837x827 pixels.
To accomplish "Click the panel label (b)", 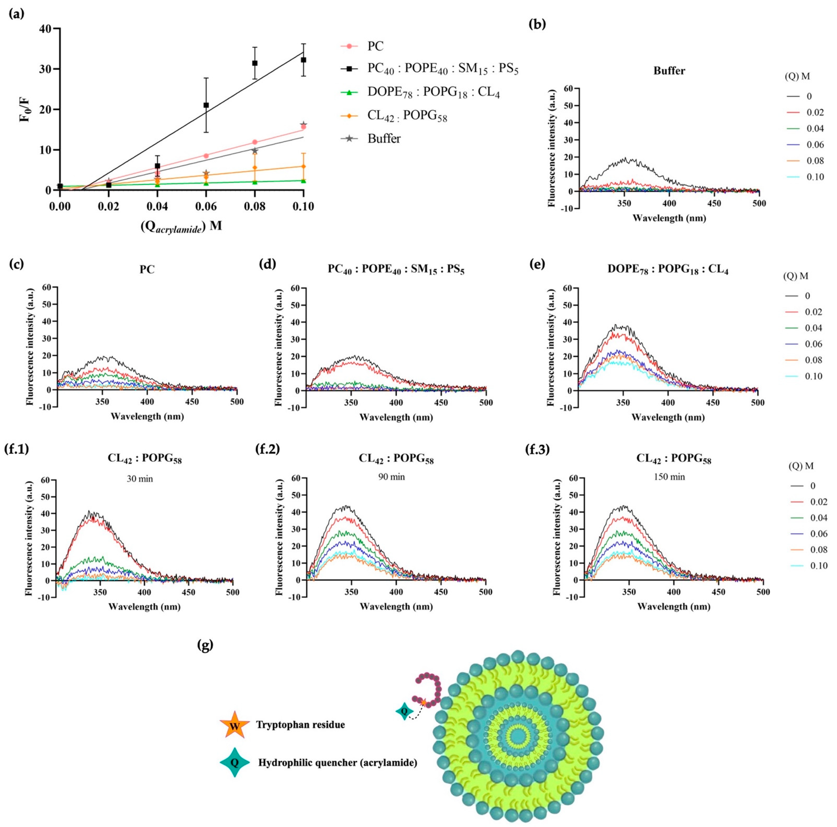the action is click(x=538, y=24).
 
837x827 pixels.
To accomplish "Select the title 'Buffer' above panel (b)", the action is click(x=669, y=71).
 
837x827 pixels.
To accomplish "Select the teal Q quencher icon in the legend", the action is click(x=234, y=762).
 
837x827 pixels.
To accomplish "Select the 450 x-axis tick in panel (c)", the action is click(x=192, y=402).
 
